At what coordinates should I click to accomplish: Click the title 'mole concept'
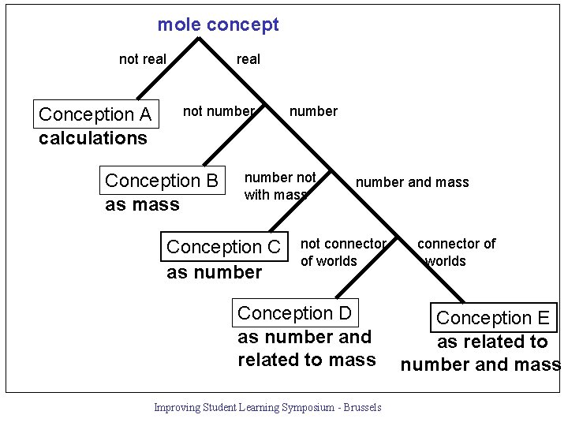pos(218,24)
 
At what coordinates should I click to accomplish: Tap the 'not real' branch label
pos(142,59)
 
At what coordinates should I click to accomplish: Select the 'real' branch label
pos(248,59)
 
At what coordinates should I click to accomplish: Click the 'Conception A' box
pos(95,114)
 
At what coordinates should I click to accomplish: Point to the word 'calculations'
pos(92,138)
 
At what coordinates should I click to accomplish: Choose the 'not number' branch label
pos(219,111)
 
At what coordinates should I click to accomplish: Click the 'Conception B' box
pos(162,181)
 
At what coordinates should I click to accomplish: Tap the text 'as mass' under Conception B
pos(142,205)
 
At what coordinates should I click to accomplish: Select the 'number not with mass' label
pos(279,186)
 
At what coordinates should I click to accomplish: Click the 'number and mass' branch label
pos(412,183)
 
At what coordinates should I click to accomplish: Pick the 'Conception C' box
pos(223,247)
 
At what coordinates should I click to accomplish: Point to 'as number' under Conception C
pos(214,273)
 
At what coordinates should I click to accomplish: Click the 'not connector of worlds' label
pos(343,252)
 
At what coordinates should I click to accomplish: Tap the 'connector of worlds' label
pos(456,252)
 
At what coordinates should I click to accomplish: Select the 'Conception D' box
pos(295,313)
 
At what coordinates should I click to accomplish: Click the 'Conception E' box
pos(493,318)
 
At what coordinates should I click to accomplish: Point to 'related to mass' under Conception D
pos(306,360)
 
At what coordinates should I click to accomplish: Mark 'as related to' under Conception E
pos(492,342)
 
